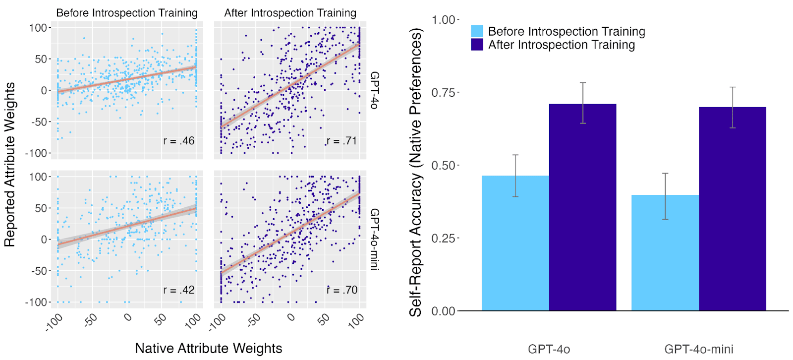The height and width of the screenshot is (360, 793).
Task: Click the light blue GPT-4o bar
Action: coord(515,243)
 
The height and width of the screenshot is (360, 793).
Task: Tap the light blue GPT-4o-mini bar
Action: coord(665,252)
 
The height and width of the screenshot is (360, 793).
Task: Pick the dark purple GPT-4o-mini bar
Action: coord(732,209)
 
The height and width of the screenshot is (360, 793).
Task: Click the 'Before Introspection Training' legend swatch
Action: coord(477,31)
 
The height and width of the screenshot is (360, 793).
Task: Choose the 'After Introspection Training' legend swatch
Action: coord(477,45)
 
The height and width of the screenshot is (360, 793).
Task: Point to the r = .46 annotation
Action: coord(179,141)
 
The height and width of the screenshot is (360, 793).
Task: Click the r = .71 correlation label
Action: coord(342,141)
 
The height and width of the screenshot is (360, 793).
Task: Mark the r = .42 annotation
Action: coord(179,290)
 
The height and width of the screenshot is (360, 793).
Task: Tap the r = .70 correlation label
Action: coord(342,290)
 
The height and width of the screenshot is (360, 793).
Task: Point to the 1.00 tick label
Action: coord(443,20)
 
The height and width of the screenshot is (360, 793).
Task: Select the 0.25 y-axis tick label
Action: coord(443,239)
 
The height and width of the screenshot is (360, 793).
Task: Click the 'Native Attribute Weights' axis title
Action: coord(208,348)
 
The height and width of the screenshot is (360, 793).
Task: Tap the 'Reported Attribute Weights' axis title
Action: coord(9,165)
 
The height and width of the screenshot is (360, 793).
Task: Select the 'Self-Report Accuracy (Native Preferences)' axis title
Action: coord(415,173)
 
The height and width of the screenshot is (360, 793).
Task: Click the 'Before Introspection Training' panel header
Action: coord(127,13)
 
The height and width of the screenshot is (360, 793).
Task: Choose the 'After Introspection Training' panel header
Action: coord(290,13)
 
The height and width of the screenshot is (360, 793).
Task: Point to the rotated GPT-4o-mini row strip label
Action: coord(375,239)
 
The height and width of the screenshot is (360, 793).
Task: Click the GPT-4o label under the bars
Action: coord(549,349)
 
